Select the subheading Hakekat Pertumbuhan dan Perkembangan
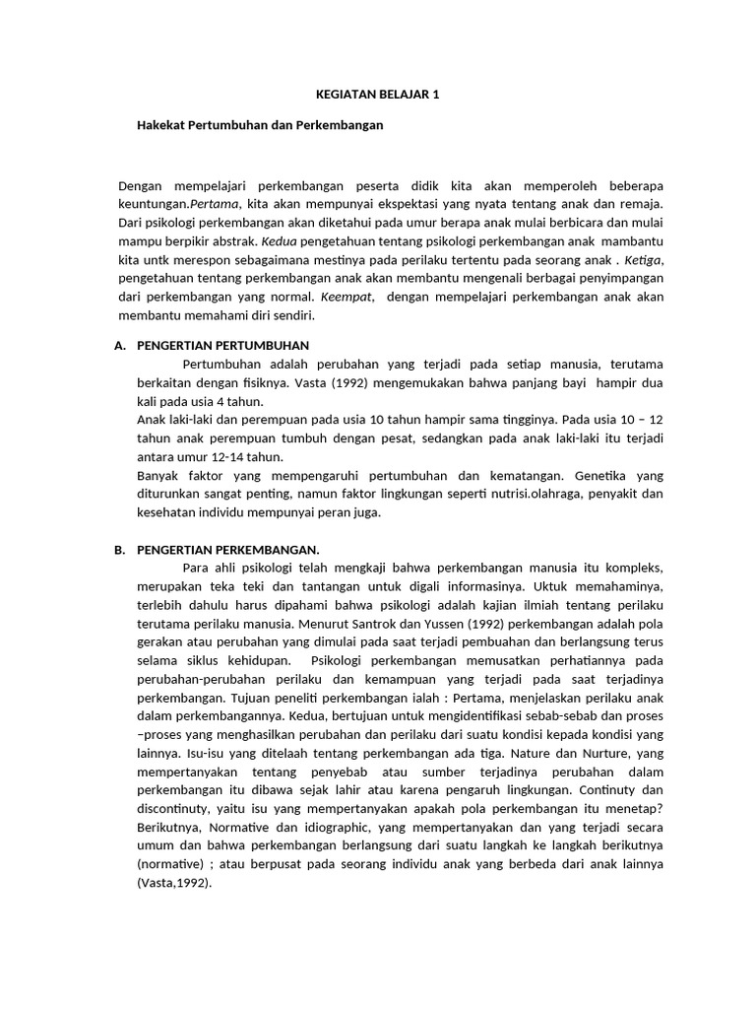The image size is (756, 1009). click(x=259, y=126)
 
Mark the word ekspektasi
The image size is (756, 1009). click(x=366, y=203)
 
